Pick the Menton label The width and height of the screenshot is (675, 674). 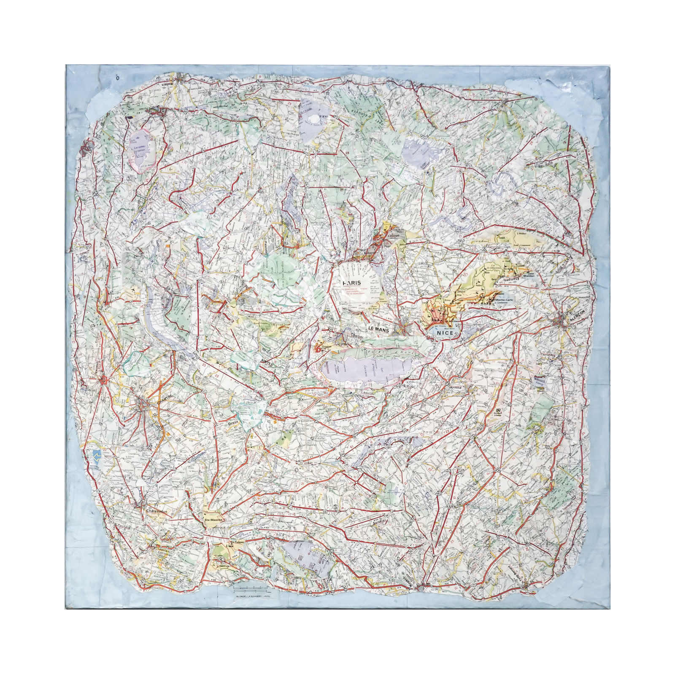coord(528,276)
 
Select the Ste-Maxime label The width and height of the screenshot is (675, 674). coord(213,520)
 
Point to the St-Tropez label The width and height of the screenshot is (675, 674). coord(230,542)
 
